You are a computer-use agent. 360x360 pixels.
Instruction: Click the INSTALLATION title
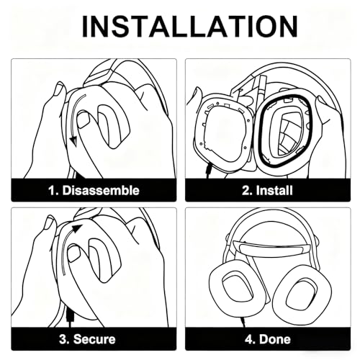tap(189, 26)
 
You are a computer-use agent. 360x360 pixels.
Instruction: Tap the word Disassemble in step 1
tap(101, 190)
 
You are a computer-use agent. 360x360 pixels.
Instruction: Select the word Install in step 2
tap(274, 190)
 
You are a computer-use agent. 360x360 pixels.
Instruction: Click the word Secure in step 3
tap(94, 339)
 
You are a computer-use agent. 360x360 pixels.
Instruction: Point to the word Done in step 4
tap(275, 339)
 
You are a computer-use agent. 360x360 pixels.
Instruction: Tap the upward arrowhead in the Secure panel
tap(77, 228)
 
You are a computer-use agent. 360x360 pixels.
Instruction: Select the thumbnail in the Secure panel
tap(73, 254)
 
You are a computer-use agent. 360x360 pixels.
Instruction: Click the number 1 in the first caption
tap(53, 190)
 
